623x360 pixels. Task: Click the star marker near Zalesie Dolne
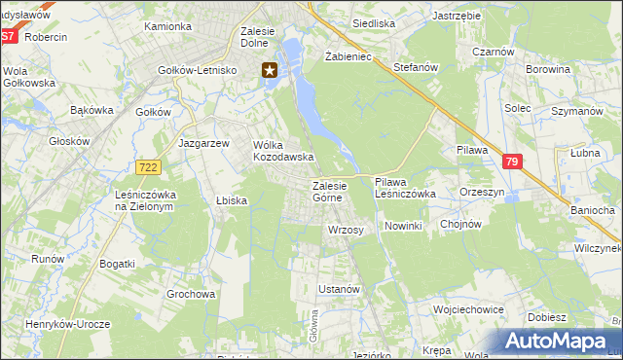tap(270, 69)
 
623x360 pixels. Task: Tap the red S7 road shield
tap(9, 37)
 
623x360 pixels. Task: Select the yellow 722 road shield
tap(148, 168)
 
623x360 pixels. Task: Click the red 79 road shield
tap(512, 162)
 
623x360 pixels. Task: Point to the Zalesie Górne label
tap(327, 192)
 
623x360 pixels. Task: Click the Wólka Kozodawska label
tap(282, 151)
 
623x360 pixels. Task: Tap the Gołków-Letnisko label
tap(199, 70)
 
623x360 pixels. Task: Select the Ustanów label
tap(340, 289)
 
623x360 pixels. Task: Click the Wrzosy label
tap(346, 230)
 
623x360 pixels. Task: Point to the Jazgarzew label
tap(203, 142)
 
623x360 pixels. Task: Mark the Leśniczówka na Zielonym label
tap(144, 200)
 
